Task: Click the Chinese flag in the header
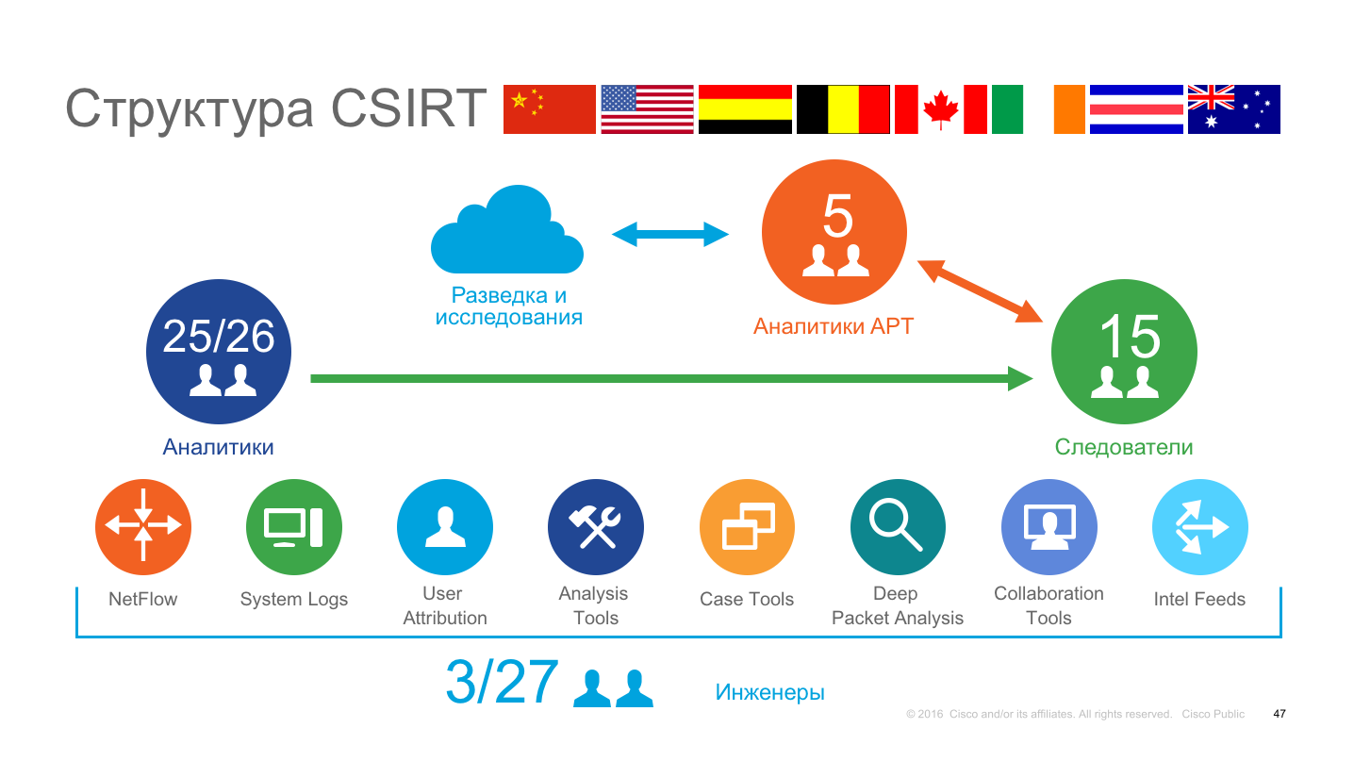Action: click(549, 109)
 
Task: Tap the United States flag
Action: click(647, 109)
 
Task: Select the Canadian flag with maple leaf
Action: click(940, 109)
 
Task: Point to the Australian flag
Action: click(1233, 109)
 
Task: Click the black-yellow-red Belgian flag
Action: click(843, 109)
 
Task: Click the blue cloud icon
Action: click(506, 230)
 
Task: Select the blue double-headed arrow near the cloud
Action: click(670, 234)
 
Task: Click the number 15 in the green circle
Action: click(1129, 336)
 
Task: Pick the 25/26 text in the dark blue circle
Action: click(219, 336)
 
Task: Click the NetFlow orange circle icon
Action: click(143, 527)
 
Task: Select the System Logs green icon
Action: click(294, 527)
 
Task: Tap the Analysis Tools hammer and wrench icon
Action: click(596, 527)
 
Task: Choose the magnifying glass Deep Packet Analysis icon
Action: click(898, 527)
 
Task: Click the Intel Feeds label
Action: click(1199, 599)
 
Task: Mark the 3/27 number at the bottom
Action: click(502, 683)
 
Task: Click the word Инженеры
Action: click(769, 692)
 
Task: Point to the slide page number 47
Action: click(1279, 714)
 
